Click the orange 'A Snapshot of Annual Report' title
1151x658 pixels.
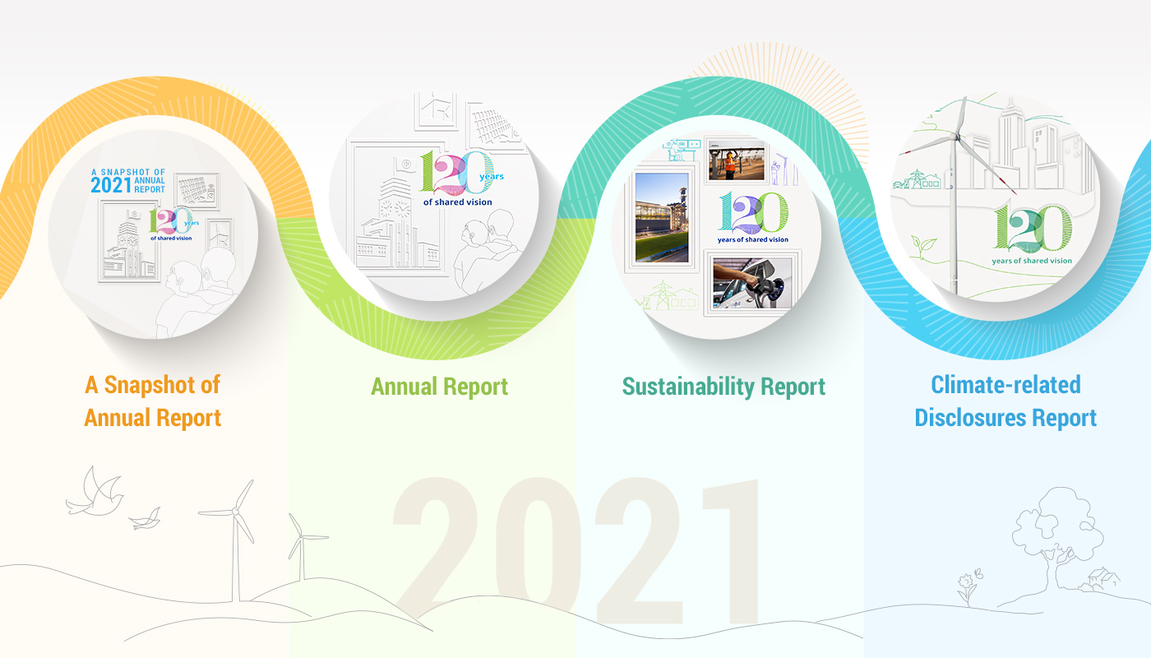coord(153,401)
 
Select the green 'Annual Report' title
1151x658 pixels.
coord(439,387)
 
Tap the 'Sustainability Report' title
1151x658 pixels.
coord(723,387)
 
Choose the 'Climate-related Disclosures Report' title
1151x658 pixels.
coord(1005,401)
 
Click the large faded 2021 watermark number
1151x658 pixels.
coord(575,550)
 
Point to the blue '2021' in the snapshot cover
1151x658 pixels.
coord(111,186)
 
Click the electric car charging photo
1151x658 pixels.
coord(752,283)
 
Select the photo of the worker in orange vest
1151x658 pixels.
coord(737,161)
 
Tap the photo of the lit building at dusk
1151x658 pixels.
coord(662,218)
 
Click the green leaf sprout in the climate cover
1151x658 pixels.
coord(923,246)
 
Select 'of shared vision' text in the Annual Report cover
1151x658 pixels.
coord(457,202)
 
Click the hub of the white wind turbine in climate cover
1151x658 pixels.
coord(955,137)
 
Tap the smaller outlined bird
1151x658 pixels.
coord(146,519)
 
